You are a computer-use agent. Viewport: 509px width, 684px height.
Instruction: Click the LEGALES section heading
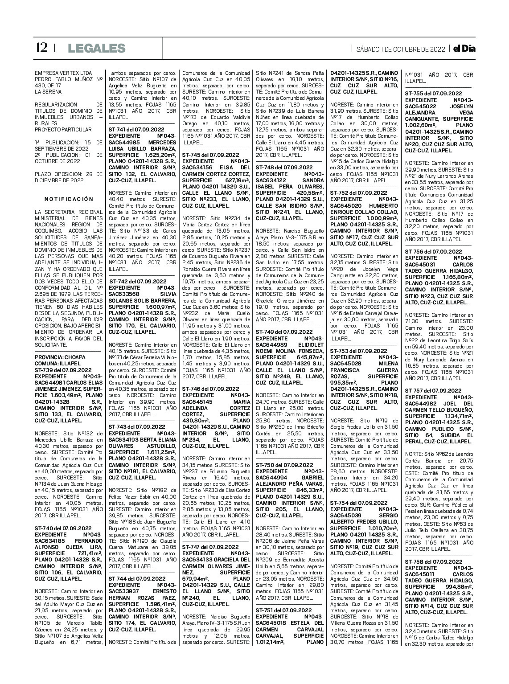[x=96, y=48]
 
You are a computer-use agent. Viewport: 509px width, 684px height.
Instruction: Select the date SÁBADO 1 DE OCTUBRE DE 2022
[x=400, y=49]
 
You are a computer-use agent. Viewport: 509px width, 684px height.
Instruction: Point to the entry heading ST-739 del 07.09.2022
[x=63, y=370]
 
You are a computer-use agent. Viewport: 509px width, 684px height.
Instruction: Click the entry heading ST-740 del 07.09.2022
[x=63, y=528]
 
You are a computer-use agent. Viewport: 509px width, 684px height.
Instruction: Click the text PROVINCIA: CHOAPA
[x=57, y=357]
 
